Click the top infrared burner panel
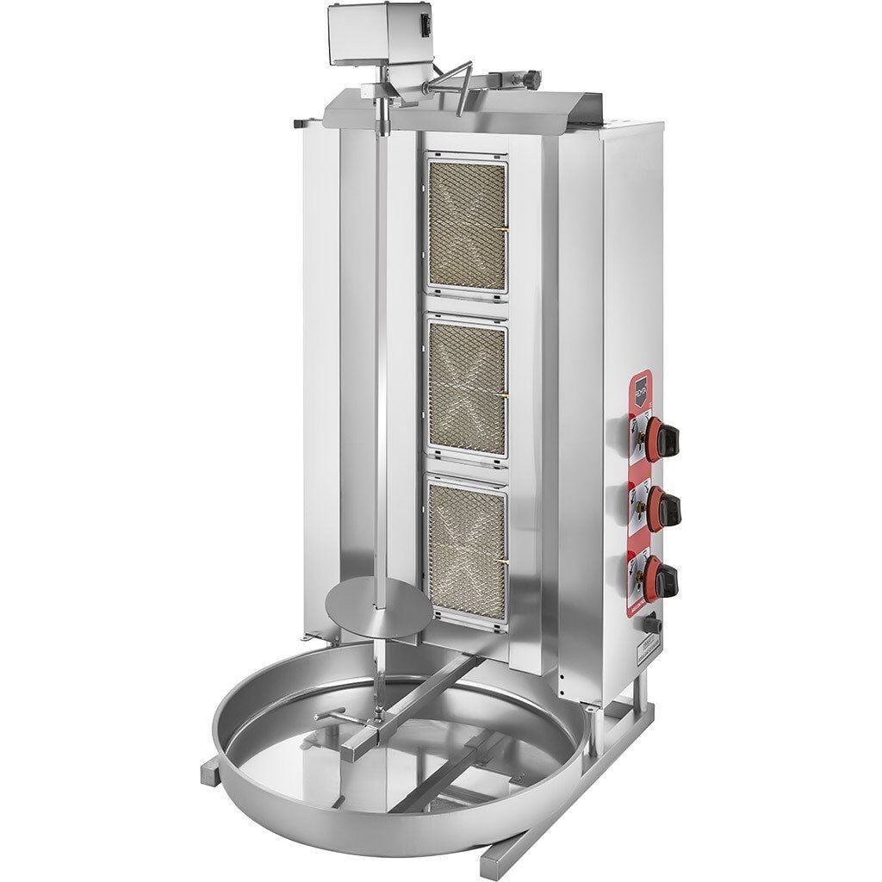(466, 226)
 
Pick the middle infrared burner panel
(466, 389)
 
